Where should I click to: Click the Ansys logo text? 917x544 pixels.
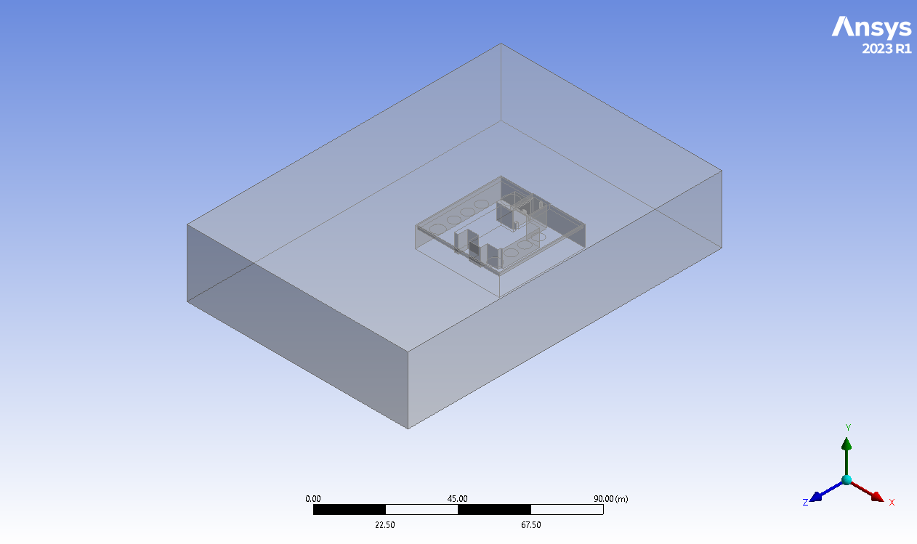(x=871, y=28)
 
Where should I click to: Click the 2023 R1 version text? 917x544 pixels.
(x=886, y=49)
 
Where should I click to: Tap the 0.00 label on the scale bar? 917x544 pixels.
(x=312, y=498)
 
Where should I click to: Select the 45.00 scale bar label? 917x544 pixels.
(x=457, y=498)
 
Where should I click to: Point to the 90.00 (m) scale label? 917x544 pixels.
(x=611, y=498)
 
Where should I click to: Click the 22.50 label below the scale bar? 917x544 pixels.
(x=385, y=525)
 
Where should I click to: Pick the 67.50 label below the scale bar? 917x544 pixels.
(x=531, y=525)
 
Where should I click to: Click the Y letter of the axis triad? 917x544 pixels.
(x=848, y=427)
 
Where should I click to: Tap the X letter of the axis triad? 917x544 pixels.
(x=892, y=503)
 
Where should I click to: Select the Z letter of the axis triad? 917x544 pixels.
(x=805, y=503)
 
